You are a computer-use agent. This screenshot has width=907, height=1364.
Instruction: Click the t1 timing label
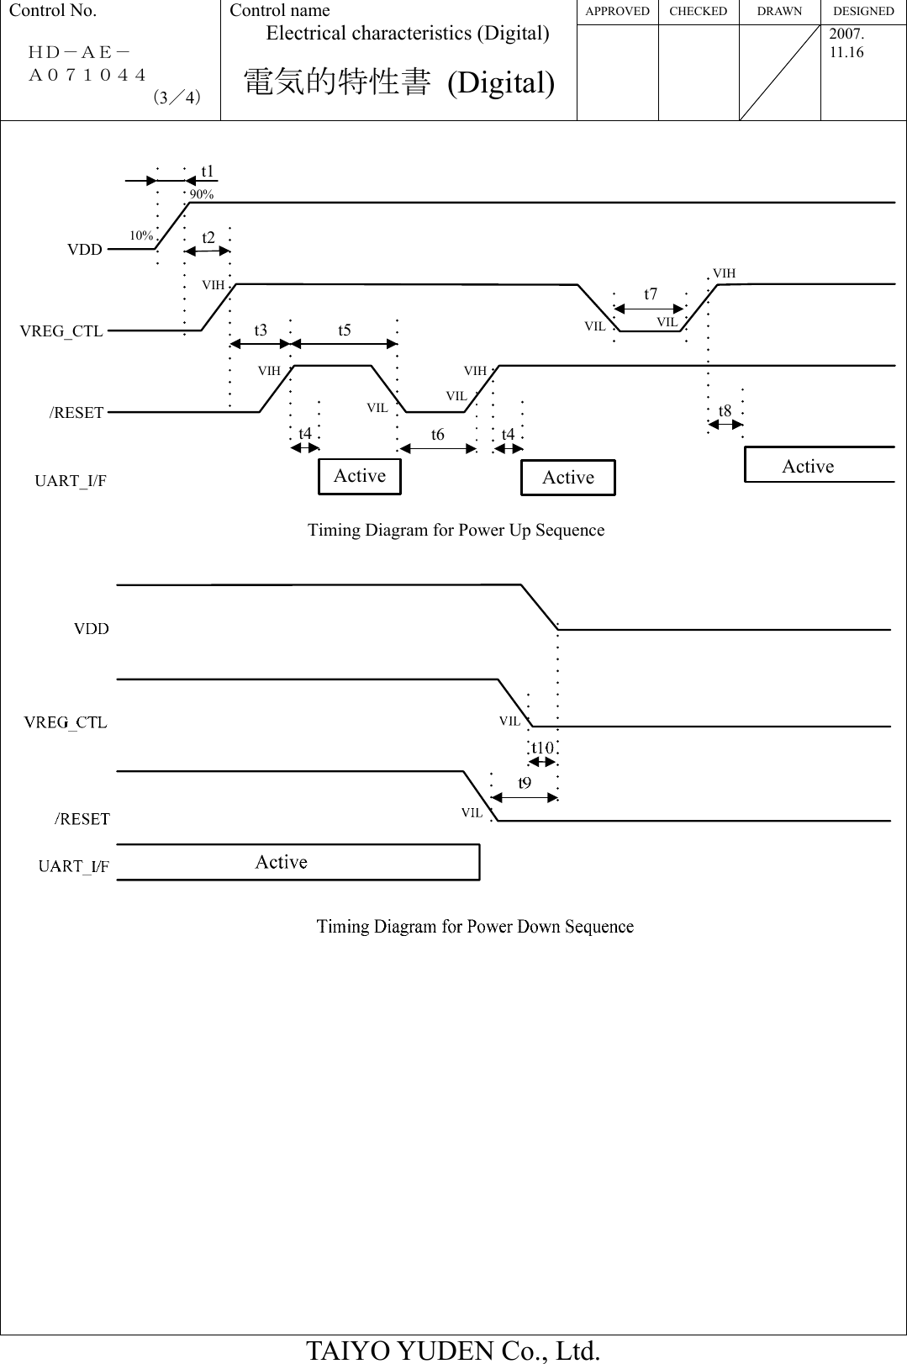208,172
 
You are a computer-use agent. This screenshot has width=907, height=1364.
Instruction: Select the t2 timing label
208,238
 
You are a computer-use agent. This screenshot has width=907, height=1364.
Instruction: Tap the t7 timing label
651,294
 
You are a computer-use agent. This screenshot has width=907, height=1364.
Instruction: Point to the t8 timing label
725,411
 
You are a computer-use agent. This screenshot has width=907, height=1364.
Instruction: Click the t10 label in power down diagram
542,748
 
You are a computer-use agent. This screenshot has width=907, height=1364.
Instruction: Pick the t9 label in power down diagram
524,783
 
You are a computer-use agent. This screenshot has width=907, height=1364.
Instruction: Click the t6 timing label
437,435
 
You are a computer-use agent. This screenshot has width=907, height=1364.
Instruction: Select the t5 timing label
345,330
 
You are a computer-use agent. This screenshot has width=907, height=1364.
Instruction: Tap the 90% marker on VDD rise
202,194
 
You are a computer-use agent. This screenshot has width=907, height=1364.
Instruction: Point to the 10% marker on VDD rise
141,235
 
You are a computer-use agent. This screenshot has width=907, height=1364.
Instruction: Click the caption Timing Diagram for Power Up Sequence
456,531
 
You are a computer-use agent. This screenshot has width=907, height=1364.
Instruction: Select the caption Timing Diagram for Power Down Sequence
475,927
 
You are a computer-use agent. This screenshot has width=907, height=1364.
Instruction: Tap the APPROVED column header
617,12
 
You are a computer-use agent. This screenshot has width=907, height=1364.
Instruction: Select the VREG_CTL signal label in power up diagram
61,331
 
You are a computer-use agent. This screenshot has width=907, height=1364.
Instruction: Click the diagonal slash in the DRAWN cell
779,72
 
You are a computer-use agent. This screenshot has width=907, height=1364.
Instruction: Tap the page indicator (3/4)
177,98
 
